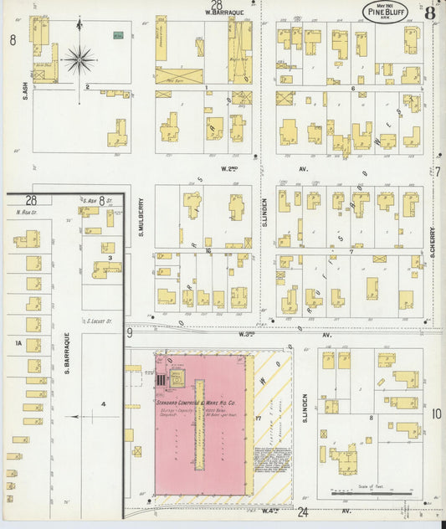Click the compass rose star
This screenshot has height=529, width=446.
[x=80, y=59]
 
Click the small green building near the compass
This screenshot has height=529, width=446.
[x=118, y=35]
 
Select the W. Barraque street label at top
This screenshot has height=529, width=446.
[x=223, y=13]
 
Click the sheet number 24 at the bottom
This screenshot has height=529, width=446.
[x=302, y=511]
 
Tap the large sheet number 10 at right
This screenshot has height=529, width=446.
[x=436, y=413]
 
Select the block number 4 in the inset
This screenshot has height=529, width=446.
[x=103, y=404]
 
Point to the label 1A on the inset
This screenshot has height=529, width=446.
[x=16, y=342]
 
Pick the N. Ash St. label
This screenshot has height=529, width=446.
[x=28, y=213]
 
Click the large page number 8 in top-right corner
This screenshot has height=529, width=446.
[x=429, y=13]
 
